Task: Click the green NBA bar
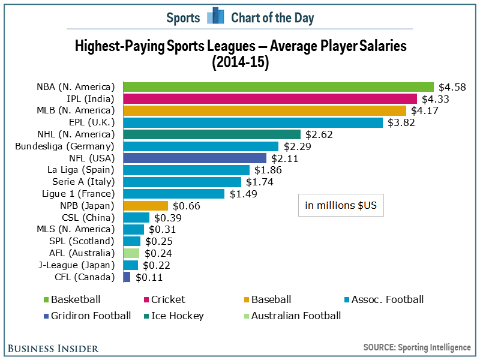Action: coord(278,87)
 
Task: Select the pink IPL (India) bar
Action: coord(269,99)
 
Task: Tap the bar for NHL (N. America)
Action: coord(211,134)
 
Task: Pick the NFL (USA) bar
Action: coord(194,158)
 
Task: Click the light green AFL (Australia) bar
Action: coord(131,253)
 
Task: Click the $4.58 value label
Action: coord(452,87)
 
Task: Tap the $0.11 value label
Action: coord(149,277)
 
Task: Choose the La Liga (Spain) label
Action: coord(80,170)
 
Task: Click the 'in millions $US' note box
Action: coord(341,205)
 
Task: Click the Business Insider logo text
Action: coord(52,347)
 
